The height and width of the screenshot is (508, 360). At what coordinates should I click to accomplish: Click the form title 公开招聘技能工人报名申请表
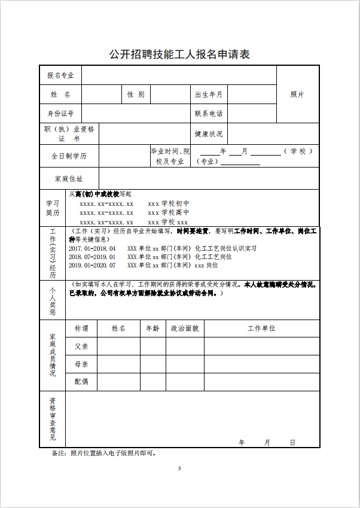[x=179, y=54]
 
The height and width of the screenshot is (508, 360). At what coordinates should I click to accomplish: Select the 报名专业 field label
[x=60, y=75]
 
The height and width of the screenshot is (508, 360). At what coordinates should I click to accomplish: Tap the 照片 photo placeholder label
[x=297, y=95]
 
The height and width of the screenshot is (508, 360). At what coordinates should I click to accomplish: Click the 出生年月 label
[x=208, y=95]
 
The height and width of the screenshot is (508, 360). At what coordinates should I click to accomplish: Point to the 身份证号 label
[x=60, y=113]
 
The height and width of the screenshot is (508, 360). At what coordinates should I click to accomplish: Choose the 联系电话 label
[x=208, y=113]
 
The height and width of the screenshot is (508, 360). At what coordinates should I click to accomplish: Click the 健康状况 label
[x=208, y=134]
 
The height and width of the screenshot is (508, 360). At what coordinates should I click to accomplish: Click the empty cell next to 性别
[x=167, y=95]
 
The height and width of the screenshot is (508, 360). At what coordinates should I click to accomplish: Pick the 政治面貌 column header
[x=185, y=328]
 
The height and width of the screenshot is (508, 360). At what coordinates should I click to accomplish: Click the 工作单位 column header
[x=261, y=328]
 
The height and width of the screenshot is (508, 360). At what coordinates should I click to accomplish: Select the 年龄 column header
[x=152, y=328]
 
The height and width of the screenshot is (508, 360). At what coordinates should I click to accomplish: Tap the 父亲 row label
[x=81, y=346]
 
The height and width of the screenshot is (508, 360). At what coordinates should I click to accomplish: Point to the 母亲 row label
[x=81, y=364]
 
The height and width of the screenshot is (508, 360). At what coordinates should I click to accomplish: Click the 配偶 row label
[x=81, y=381]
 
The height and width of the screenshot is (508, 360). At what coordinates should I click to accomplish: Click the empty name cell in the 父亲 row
[x=118, y=346]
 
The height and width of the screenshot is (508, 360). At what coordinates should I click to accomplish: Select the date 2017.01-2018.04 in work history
[x=92, y=248]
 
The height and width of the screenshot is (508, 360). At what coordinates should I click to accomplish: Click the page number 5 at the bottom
[x=179, y=468]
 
